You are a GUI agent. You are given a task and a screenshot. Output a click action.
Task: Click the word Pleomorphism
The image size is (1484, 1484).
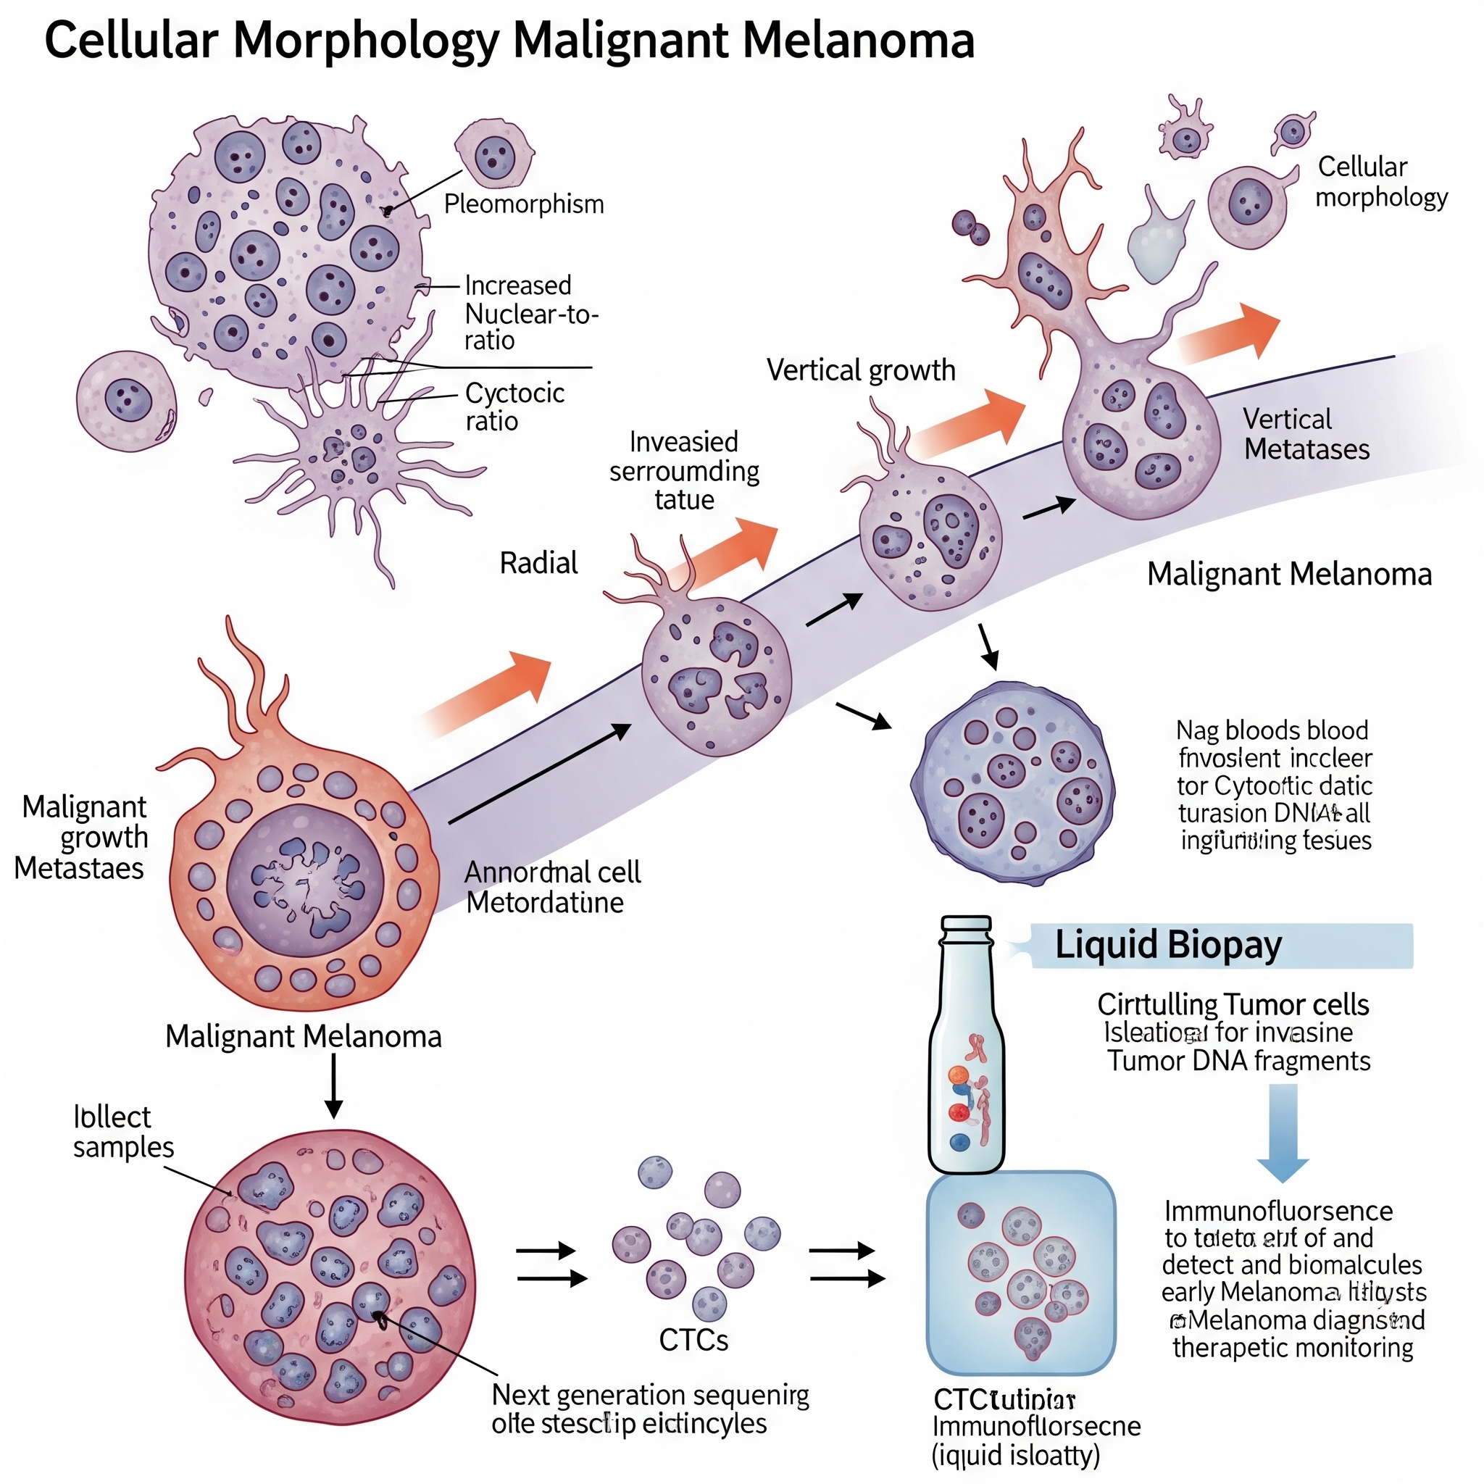click(x=524, y=204)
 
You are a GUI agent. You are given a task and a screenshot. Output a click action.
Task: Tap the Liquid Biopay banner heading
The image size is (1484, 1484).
click(x=1167, y=945)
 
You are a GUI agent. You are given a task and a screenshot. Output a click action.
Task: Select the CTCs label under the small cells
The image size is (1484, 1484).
click(x=693, y=1340)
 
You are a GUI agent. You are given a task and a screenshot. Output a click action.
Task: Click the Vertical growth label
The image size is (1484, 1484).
click(x=860, y=370)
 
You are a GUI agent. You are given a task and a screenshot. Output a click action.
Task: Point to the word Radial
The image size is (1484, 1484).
click(x=538, y=563)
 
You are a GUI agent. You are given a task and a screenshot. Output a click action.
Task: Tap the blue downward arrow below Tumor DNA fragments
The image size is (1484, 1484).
click(x=1283, y=1134)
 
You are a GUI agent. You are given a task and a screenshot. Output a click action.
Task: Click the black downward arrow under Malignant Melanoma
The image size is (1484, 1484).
click(x=333, y=1086)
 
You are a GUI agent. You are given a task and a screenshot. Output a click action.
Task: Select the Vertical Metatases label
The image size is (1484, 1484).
click(x=1306, y=434)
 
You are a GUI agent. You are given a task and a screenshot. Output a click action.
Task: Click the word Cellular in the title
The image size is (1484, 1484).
click(x=130, y=40)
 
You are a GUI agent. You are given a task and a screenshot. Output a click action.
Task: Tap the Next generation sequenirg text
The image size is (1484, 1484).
click(x=650, y=1394)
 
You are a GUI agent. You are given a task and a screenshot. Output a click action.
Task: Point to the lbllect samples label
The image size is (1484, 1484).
click(x=123, y=1131)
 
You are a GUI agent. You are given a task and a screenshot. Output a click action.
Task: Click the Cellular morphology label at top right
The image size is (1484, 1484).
click(x=1380, y=182)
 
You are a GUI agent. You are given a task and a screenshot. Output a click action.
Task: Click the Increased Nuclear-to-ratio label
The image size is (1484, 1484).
click(x=530, y=312)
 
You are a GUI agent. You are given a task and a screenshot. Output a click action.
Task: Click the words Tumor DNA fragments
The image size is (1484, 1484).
click(x=1238, y=1061)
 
